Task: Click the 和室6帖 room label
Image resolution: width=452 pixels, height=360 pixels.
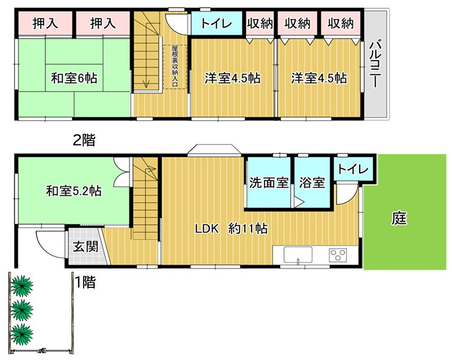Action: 74,78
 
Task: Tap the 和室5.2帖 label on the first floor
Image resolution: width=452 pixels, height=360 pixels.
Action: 73,191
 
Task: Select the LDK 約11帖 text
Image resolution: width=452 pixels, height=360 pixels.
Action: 231,229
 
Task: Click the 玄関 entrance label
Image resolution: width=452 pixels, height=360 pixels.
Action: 86,247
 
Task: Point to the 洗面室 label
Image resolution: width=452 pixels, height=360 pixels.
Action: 269,182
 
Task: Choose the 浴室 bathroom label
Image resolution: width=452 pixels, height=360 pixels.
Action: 312,182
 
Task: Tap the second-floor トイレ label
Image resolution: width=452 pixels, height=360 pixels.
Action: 216,23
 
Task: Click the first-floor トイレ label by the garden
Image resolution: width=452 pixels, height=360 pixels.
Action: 353,169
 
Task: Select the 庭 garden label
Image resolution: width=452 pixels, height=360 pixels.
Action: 399,218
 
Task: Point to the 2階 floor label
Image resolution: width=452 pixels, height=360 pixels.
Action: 84,140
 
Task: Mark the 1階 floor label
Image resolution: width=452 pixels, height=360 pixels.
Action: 85,282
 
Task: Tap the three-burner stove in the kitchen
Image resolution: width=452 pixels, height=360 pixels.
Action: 338,255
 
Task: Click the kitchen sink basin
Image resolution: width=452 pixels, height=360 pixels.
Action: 298,254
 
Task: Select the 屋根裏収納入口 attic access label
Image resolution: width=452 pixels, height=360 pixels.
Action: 175,67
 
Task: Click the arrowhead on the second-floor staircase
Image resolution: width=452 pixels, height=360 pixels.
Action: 147,84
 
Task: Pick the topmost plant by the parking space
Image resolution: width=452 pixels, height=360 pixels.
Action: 21,286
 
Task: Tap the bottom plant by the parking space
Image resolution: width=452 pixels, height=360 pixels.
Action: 21,334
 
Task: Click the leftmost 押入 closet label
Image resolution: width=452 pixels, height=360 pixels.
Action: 45,23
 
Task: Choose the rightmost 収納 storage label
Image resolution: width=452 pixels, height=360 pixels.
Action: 340,23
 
